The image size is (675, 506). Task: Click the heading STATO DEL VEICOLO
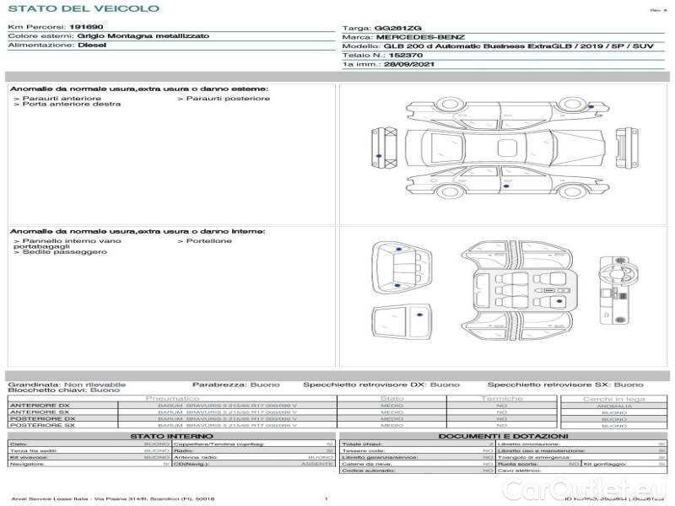[x=83, y=9]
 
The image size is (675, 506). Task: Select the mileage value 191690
[x=86, y=28]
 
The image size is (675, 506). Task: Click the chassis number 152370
[x=392, y=56]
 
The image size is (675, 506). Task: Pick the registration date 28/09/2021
[x=408, y=65]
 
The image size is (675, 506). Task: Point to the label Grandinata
[x=34, y=384]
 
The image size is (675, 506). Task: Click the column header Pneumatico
[x=173, y=398]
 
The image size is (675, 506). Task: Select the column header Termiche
[x=502, y=398]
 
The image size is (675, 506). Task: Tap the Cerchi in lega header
[x=614, y=398]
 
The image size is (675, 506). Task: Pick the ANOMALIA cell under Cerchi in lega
[x=614, y=406]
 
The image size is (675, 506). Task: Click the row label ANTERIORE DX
[x=40, y=406]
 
